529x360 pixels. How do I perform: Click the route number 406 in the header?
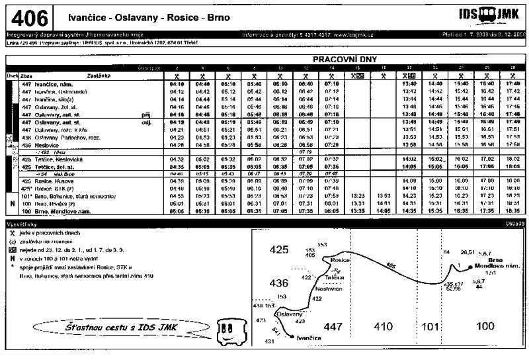pos(28,17)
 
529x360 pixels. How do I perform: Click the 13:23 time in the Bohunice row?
pos(358,196)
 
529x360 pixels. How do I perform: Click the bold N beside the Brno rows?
pos(13,203)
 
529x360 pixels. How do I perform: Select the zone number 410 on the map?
pos(383,326)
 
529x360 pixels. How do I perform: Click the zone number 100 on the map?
pos(485,326)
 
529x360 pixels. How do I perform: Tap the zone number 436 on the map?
pos(280,283)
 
